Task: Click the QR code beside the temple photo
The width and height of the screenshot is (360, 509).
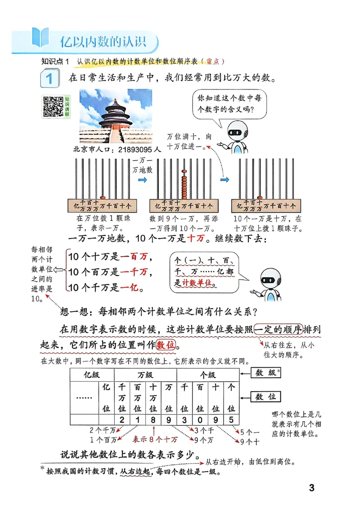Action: point(53,107)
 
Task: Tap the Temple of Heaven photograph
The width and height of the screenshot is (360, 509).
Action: point(116,116)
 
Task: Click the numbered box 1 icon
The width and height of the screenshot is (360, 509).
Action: point(49,79)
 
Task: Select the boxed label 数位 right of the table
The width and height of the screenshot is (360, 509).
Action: point(265,397)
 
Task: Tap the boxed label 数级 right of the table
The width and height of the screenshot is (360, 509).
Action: point(265,373)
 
